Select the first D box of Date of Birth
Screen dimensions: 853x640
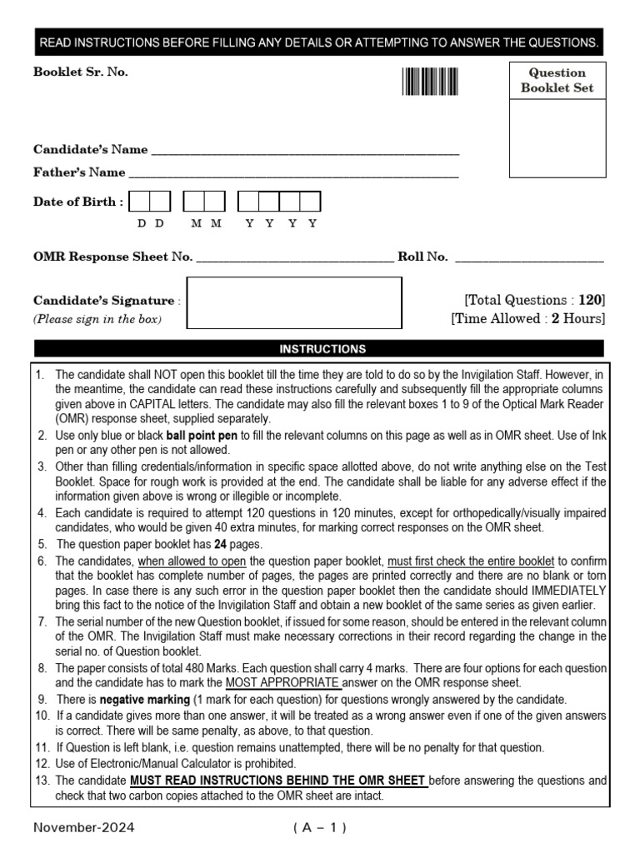click(x=140, y=202)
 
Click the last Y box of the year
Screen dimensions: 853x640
click(x=310, y=202)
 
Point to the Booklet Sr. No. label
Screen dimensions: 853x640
click(x=81, y=72)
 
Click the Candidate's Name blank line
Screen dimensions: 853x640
click(x=305, y=152)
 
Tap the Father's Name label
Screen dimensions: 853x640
click(x=79, y=172)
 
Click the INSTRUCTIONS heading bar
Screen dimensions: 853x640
click(x=320, y=349)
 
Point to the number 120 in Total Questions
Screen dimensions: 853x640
click(x=589, y=300)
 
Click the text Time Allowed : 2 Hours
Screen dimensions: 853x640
click(x=527, y=318)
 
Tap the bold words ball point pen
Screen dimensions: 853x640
click(x=202, y=436)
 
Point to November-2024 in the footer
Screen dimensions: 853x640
click(x=84, y=828)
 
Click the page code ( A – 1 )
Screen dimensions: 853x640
click(x=320, y=828)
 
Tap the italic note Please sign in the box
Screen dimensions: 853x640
click(x=97, y=319)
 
